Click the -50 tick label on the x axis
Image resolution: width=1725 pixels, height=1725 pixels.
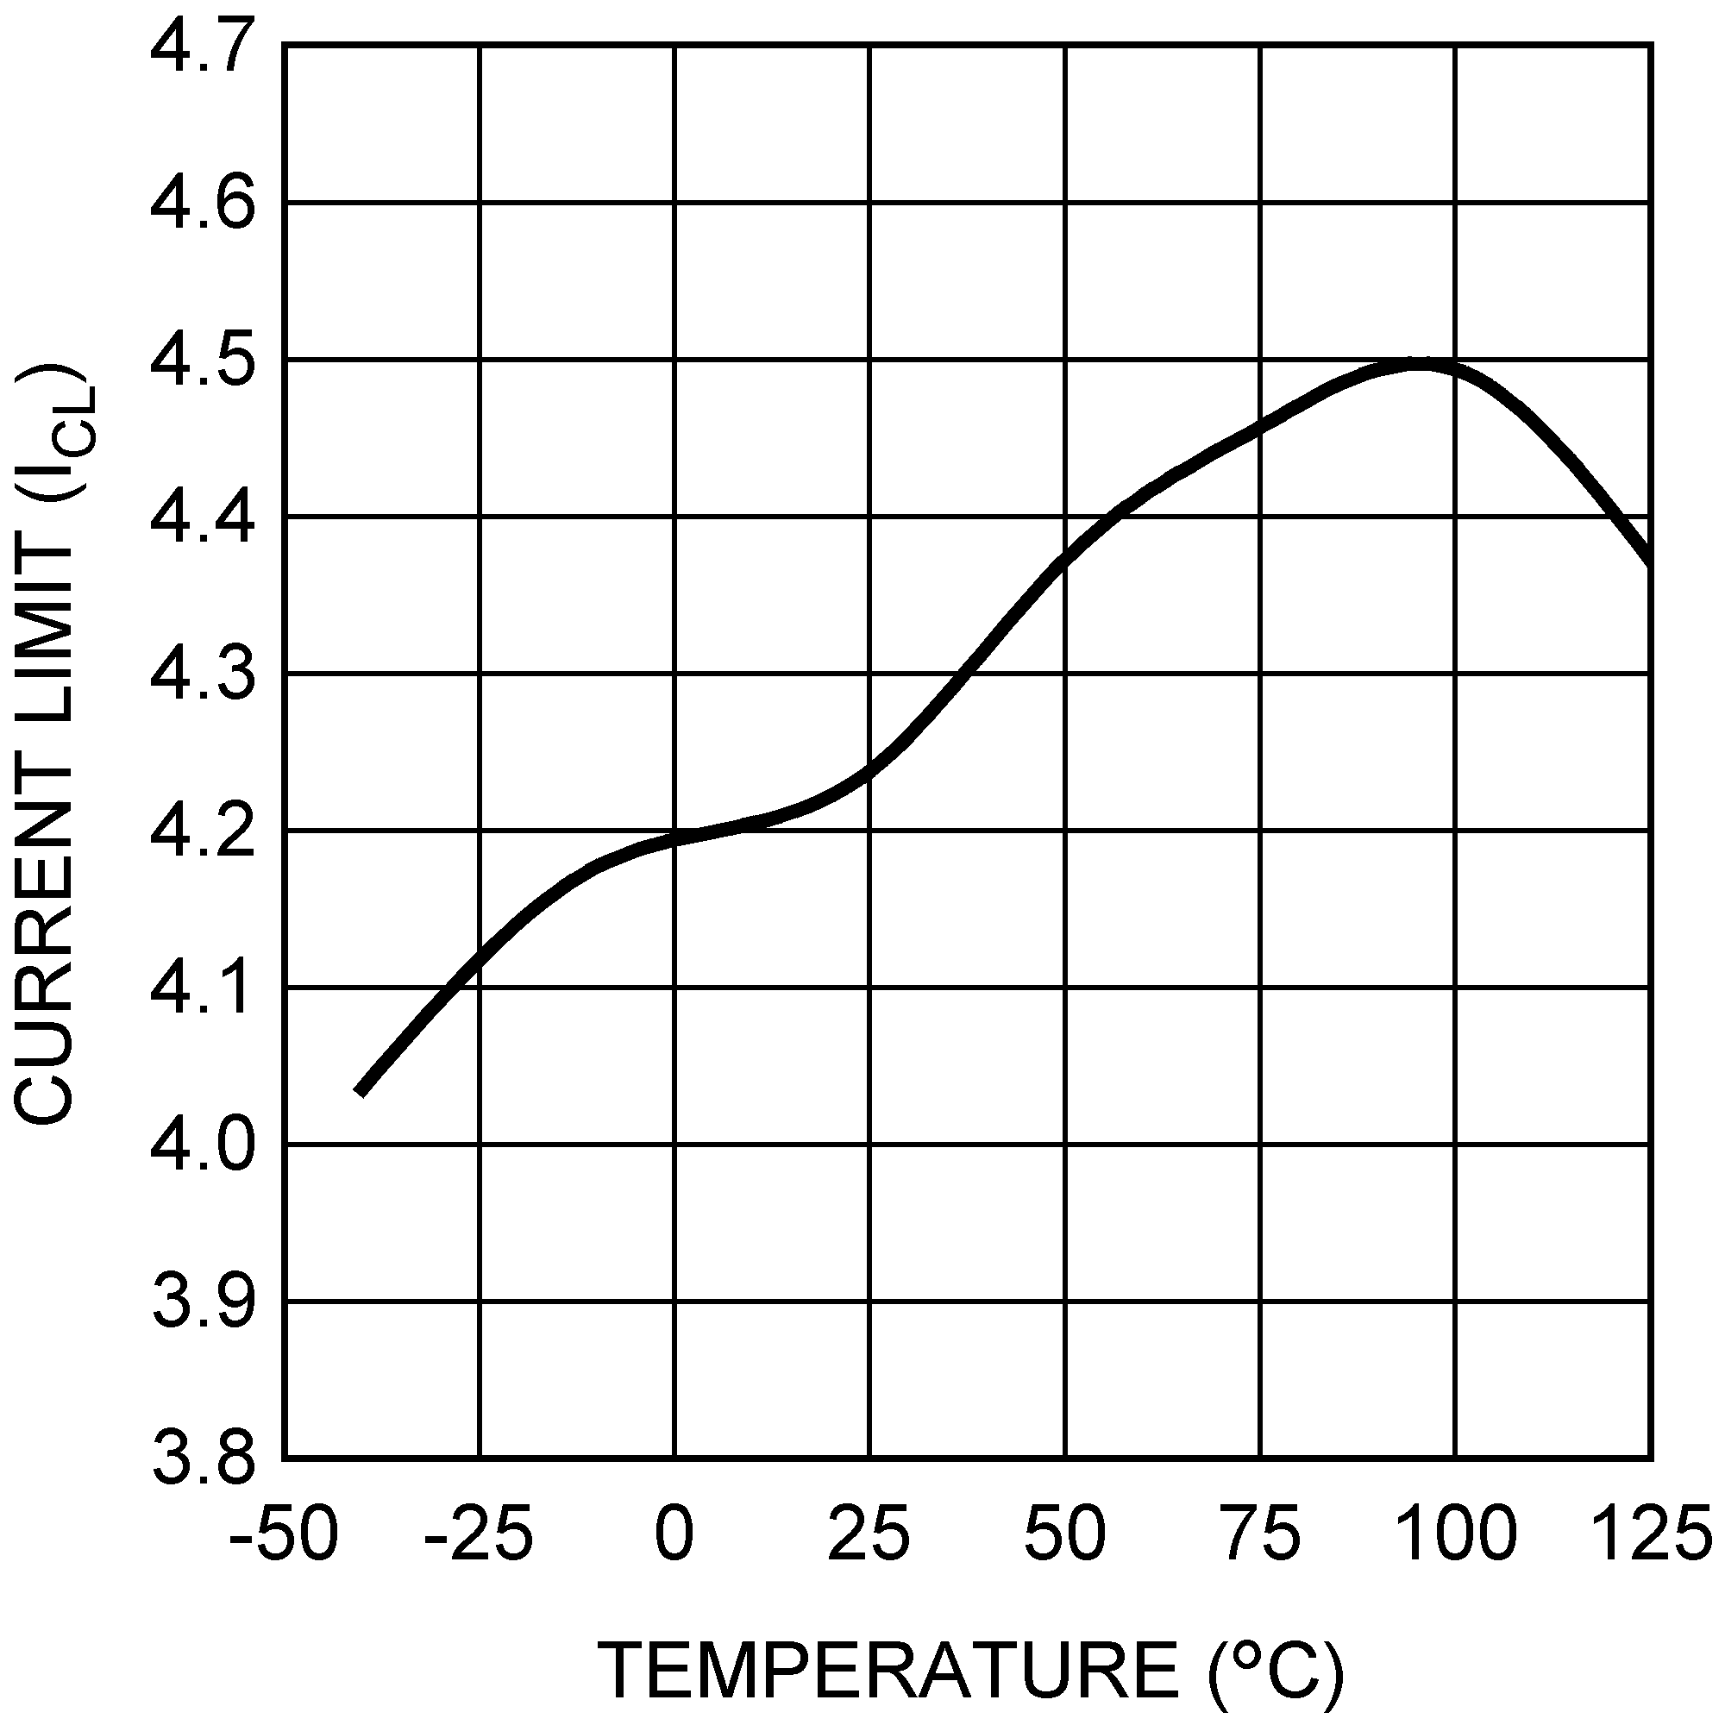(x=284, y=1532)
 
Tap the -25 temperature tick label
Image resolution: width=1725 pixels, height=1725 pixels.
(x=479, y=1532)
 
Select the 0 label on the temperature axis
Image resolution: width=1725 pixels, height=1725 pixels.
(x=674, y=1532)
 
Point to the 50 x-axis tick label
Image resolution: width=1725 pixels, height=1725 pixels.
(x=1065, y=1532)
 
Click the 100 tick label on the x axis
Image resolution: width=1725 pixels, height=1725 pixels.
(x=1455, y=1532)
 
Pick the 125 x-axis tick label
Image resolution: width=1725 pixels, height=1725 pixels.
(x=1650, y=1532)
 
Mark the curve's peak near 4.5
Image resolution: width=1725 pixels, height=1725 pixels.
(x=1420, y=363)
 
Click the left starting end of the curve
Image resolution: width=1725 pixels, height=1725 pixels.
(x=361, y=1091)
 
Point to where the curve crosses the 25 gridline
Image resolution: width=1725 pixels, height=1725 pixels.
(x=869, y=769)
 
